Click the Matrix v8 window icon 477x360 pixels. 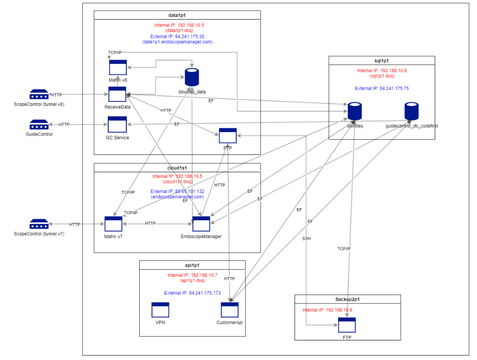click(x=118, y=68)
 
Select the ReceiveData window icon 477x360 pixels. click(x=117, y=94)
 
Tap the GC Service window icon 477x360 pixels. click(x=117, y=125)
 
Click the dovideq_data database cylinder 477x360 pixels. click(x=191, y=77)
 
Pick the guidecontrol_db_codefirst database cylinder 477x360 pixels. click(x=412, y=111)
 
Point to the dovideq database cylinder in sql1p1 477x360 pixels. click(x=355, y=111)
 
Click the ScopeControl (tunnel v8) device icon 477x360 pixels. click(x=39, y=94)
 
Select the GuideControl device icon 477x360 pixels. click(x=39, y=125)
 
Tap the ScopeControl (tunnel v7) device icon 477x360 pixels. click(x=39, y=224)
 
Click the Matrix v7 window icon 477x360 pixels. click(x=113, y=224)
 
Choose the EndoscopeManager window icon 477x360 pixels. click(x=201, y=224)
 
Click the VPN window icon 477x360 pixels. click(x=160, y=310)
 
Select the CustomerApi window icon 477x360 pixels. click(x=230, y=310)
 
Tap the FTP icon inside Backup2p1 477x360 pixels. click(x=347, y=326)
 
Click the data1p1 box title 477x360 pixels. click(x=177, y=15)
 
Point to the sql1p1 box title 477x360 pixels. click(x=381, y=61)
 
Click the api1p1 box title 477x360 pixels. click(x=192, y=265)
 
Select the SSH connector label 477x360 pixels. click(x=307, y=239)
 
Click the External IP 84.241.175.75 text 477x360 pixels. click(x=382, y=89)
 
